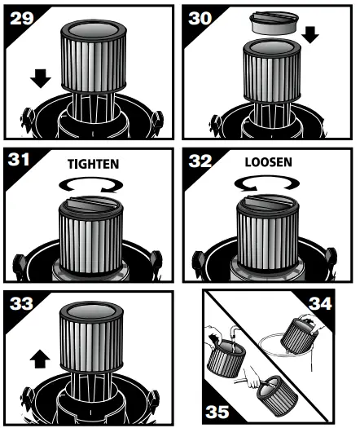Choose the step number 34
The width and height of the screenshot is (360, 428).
334,307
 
